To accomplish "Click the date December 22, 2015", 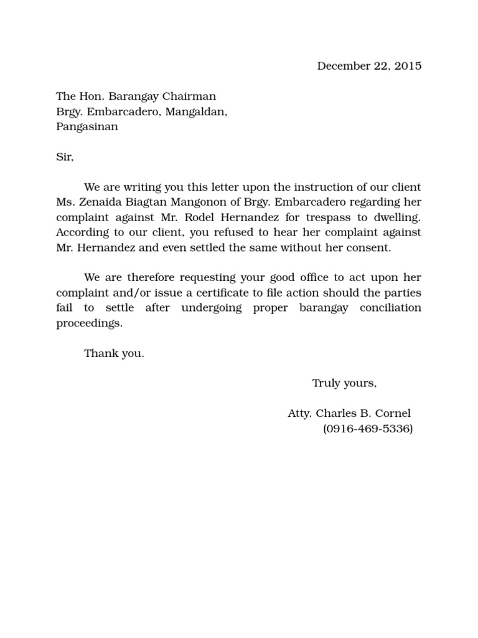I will pyautogui.click(x=369, y=66).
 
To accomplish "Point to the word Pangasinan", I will pyautogui.click(x=87, y=127).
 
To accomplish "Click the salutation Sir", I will pyautogui.click(x=65, y=157).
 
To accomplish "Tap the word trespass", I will pyautogui.click(x=332, y=217).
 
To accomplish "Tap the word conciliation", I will pyautogui.click(x=390, y=308).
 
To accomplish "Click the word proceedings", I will pyautogui.click(x=90, y=323).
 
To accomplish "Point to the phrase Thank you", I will pyautogui.click(x=114, y=353).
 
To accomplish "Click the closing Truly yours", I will pyautogui.click(x=344, y=383).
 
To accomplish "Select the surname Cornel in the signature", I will pyautogui.click(x=392, y=414).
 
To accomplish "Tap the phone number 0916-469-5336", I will pyautogui.click(x=368, y=429).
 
